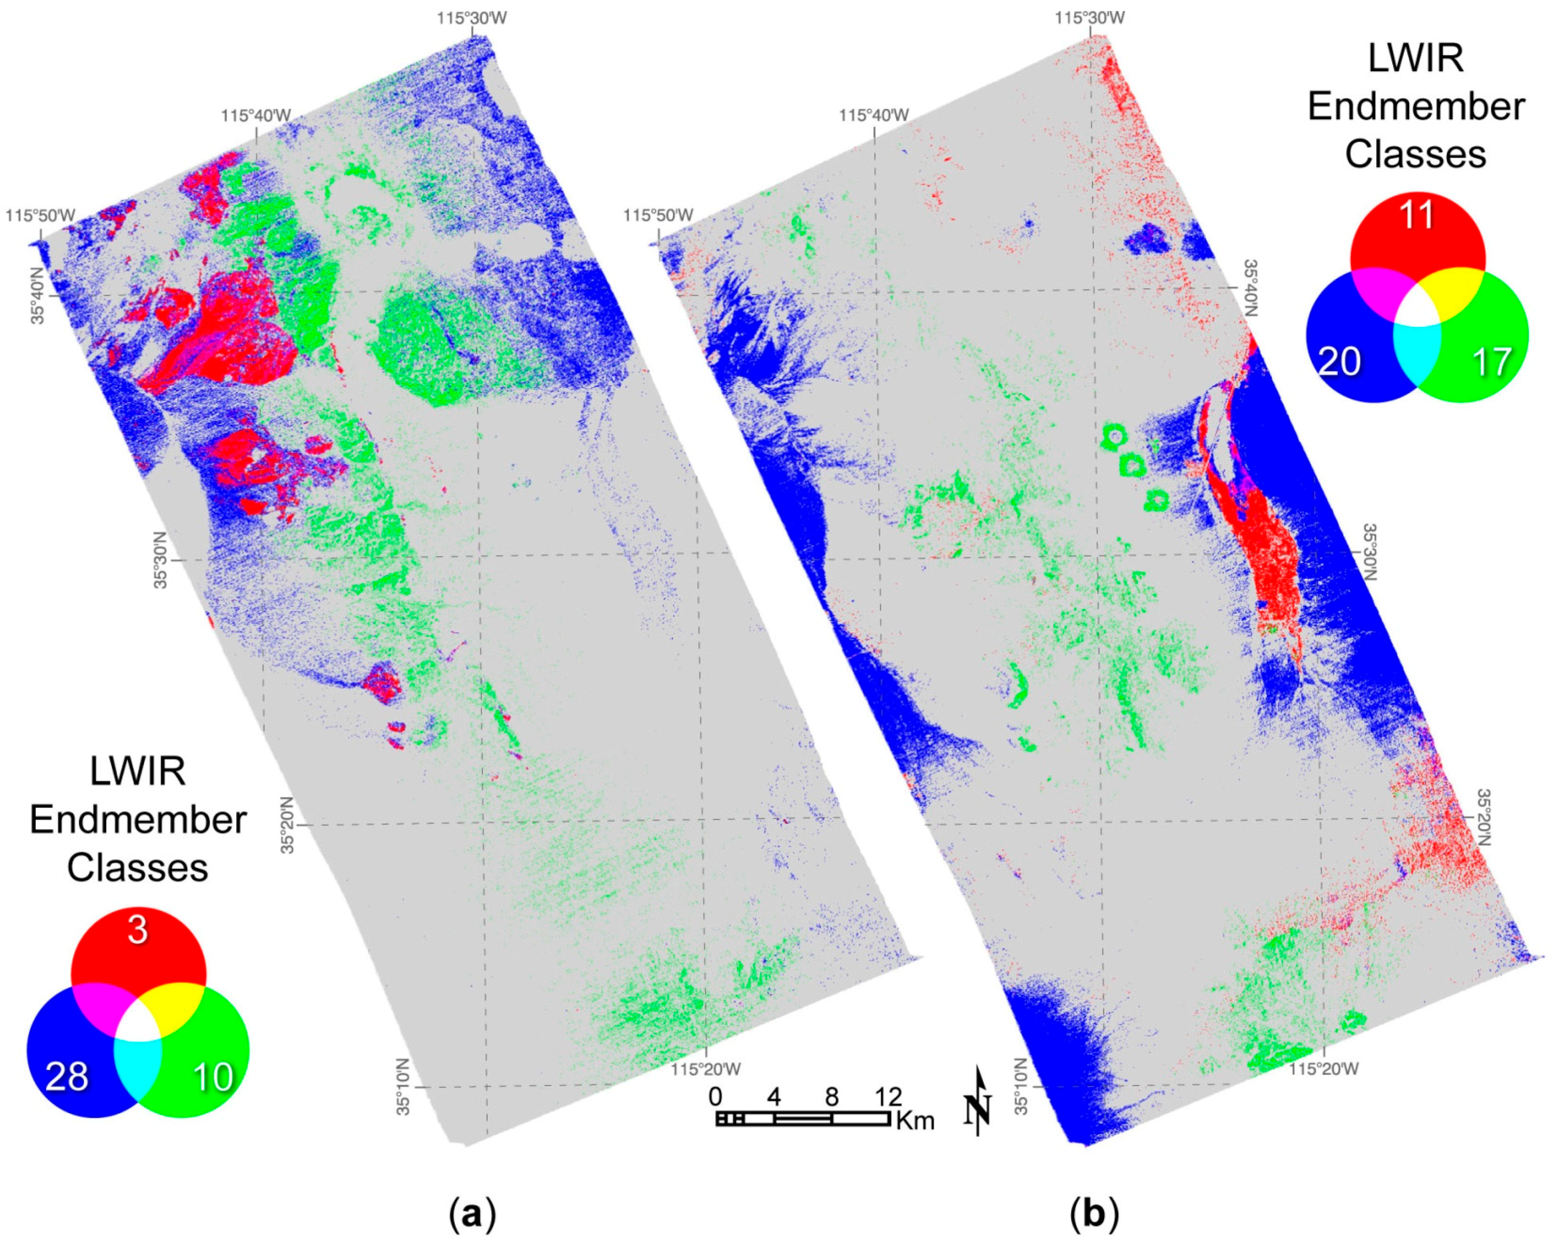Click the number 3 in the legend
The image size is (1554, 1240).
tap(138, 930)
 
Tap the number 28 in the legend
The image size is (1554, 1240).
tap(67, 1077)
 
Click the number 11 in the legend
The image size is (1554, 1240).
tap(1416, 215)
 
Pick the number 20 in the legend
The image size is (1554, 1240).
tap(1340, 361)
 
